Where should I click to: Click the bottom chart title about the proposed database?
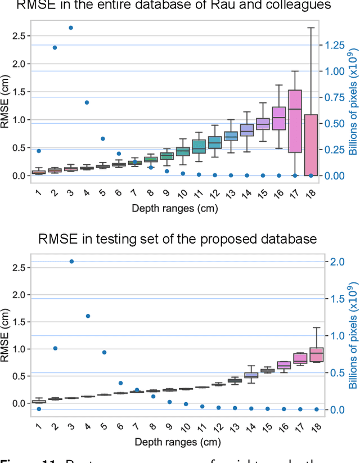tap(177, 239)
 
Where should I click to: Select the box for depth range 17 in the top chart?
tap(294, 121)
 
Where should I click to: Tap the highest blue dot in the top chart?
tap(71, 28)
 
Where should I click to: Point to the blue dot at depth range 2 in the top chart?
tap(55, 48)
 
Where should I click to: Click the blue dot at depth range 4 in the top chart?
tap(87, 102)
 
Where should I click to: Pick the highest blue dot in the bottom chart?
tap(71, 262)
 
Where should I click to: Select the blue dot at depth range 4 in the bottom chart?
tap(87, 316)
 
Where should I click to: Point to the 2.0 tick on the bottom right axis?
tap(335, 262)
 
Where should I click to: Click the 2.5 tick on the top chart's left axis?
tap(19, 36)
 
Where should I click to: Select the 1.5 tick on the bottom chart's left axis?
tap(19, 322)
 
